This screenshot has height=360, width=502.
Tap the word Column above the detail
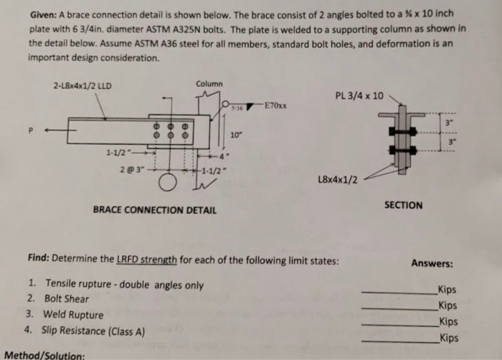(x=209, y=84)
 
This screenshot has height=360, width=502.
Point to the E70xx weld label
(x=275, y=105)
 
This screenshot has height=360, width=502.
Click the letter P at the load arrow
(x=30, y=131)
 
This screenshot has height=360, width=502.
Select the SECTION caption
(x=403, y=205)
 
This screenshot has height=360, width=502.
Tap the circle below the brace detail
(x=169, y=184)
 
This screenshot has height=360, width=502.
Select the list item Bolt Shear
(x=66, y=299)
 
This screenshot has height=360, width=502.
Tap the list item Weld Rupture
(x=73, y=314)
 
